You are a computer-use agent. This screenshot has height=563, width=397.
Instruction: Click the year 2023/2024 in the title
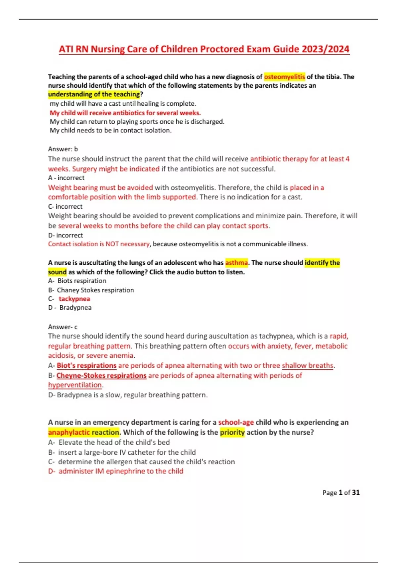pyautogui.click(x=326, y=49)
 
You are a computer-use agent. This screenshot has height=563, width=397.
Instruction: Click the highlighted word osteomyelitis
pyautogui.click(x=285, y=77)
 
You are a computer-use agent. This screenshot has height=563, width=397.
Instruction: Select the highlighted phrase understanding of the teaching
pyautogui.click(x=94, y=94)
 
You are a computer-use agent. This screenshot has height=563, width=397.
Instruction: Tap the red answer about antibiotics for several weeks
pyautogui.click(x=125, y=113)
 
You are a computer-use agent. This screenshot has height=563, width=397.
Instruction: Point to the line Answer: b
pyautogui.click(x=63, y=149)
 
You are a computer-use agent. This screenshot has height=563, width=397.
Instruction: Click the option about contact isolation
pyautogui.click(x=110, y=130)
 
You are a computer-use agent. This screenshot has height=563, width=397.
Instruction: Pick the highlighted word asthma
pyautogui.click(x=236, y=263)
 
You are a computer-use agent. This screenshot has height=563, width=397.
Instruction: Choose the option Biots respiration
pyautogui.click(x=81, y=281)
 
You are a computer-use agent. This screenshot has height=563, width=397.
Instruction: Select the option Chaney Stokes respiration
pyautogui.click(x=95, y=290)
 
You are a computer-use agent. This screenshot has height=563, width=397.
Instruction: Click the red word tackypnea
pyautogui.click(x=74, y=299)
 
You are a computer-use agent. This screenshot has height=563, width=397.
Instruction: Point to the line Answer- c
pyautogui.click(x=63, y=327)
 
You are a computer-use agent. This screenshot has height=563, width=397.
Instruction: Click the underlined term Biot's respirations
pyautogui.click(x=86, y=366)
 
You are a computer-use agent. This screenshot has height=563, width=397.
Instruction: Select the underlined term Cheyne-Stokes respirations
pyautogui.click(x=101, y=376)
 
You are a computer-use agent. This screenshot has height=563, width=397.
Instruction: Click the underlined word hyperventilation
pyautogui.click(x=75, y=385)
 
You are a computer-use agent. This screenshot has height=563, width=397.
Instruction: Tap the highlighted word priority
pyautogui.click(x=232, y=433)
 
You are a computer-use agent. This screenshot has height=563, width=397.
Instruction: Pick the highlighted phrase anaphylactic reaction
pyautogui.click(x=84, y=433)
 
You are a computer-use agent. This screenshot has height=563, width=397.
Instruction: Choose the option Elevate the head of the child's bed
pyautogui.click(x=114, y=442)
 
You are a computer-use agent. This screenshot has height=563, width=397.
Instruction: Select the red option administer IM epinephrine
pyautogui.click(x=120, y=471)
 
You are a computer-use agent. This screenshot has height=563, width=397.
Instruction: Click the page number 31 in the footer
pyautogui.click(x=356, y=493)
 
